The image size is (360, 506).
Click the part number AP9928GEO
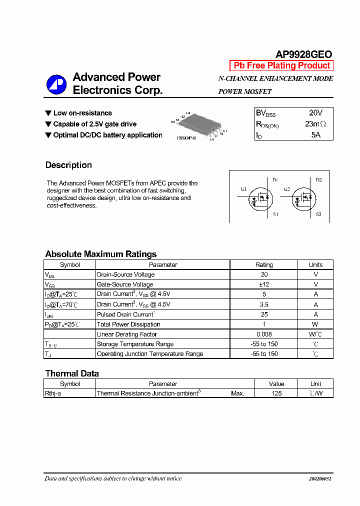(x=303, y=54)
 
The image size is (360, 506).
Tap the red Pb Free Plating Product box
(x=281, y=65)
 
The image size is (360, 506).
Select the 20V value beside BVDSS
(x=315, y=113)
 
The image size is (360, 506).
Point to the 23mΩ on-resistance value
(x=315, y=124)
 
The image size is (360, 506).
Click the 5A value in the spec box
(x=315, y=135)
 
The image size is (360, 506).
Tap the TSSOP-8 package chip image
(x=198, y=124)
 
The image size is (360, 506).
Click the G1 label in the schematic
(x=243, y=189)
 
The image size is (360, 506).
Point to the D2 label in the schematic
(x=318, y=180)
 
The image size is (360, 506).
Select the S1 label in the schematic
(x=275, y=214)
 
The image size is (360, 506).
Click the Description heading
(x=68, y=165)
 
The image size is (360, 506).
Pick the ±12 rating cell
(x=264, y=284)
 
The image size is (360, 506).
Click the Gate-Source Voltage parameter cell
(x=125, y=284)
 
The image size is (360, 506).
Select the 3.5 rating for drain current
(x=264, y=304)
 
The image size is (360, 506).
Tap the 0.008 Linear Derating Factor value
(x=264, y=334)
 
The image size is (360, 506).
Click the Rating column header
(x=264, y=265)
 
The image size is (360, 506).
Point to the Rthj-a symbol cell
(x=53, y=393)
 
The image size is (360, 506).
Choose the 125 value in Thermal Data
(x=276, y=393)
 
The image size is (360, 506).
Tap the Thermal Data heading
(x=72, y=373)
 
